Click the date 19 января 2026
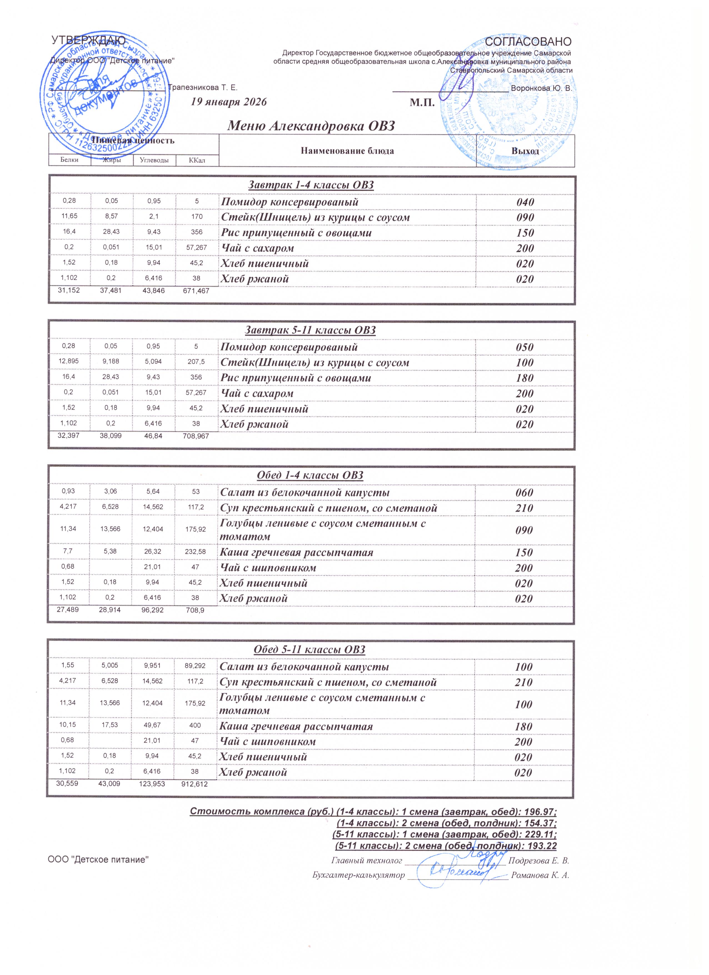(229, 102)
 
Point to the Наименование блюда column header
(347, 151)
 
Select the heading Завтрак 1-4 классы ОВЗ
(311, 185)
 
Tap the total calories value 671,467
(196, 291)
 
